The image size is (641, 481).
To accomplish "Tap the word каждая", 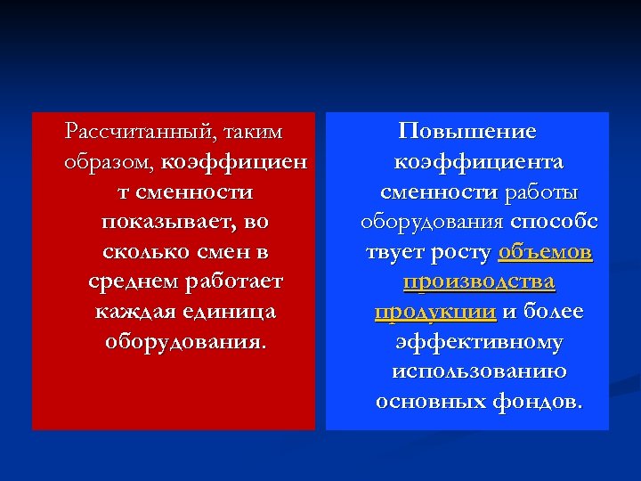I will (x=134, y=312).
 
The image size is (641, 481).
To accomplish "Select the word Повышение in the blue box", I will (x=467, y=133).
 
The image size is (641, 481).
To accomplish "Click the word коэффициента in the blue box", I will (x=478, y=163).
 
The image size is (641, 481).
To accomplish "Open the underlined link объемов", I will (x=545, y=252).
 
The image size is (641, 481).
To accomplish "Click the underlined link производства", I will (x=478, y=282).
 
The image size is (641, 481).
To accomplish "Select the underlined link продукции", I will (x=435, y=313).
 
